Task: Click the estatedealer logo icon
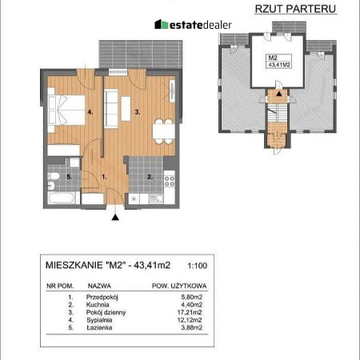(161, 24)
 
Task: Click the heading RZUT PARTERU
(295, 9)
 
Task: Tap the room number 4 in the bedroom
(90, 112)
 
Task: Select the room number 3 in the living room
(138, 112)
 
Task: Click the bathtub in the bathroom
(62, 198)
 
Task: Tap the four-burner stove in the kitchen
(170, 181)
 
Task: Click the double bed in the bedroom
(66, 110)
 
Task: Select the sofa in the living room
(111, 108)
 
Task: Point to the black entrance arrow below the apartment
(115, 218)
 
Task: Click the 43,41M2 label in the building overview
(279, 64)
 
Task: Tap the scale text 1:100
(198, 266)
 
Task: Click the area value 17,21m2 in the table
(190, 312)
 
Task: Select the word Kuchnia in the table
(98, 305)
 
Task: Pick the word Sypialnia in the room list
(99, 320)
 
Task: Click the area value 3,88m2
(191, 328)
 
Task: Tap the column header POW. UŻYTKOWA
(179, 286)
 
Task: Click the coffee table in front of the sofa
(126, 109)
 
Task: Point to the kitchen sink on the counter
(156, 198)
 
